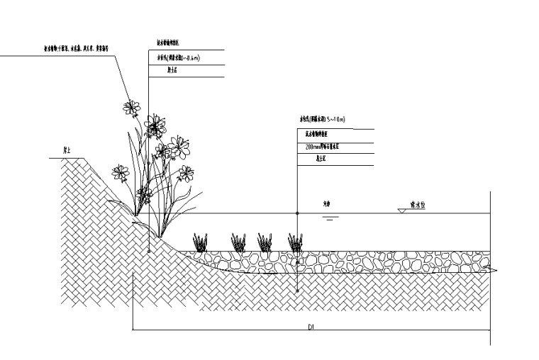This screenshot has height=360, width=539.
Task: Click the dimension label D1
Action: click(x=311, y=326)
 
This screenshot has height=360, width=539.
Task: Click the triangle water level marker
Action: click(x=401, y=211)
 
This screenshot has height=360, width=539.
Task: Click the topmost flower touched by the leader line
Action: click(x=131, y=107)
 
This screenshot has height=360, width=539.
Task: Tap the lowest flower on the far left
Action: click(x=121, y=172)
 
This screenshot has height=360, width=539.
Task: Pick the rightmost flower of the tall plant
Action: click(x=186, y=172)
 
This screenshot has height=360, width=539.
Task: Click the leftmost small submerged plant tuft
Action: click(x=201, y=242)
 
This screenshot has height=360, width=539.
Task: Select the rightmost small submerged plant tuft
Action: click(x=295, y=242)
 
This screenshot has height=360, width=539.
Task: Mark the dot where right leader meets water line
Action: click(x=296, y=213)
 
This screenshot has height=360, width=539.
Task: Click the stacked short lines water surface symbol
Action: click(x=328, y=218)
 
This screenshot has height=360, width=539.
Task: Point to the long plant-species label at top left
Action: click(x=77, y=49)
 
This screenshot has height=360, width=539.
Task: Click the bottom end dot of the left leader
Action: click(x=148, y=250)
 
